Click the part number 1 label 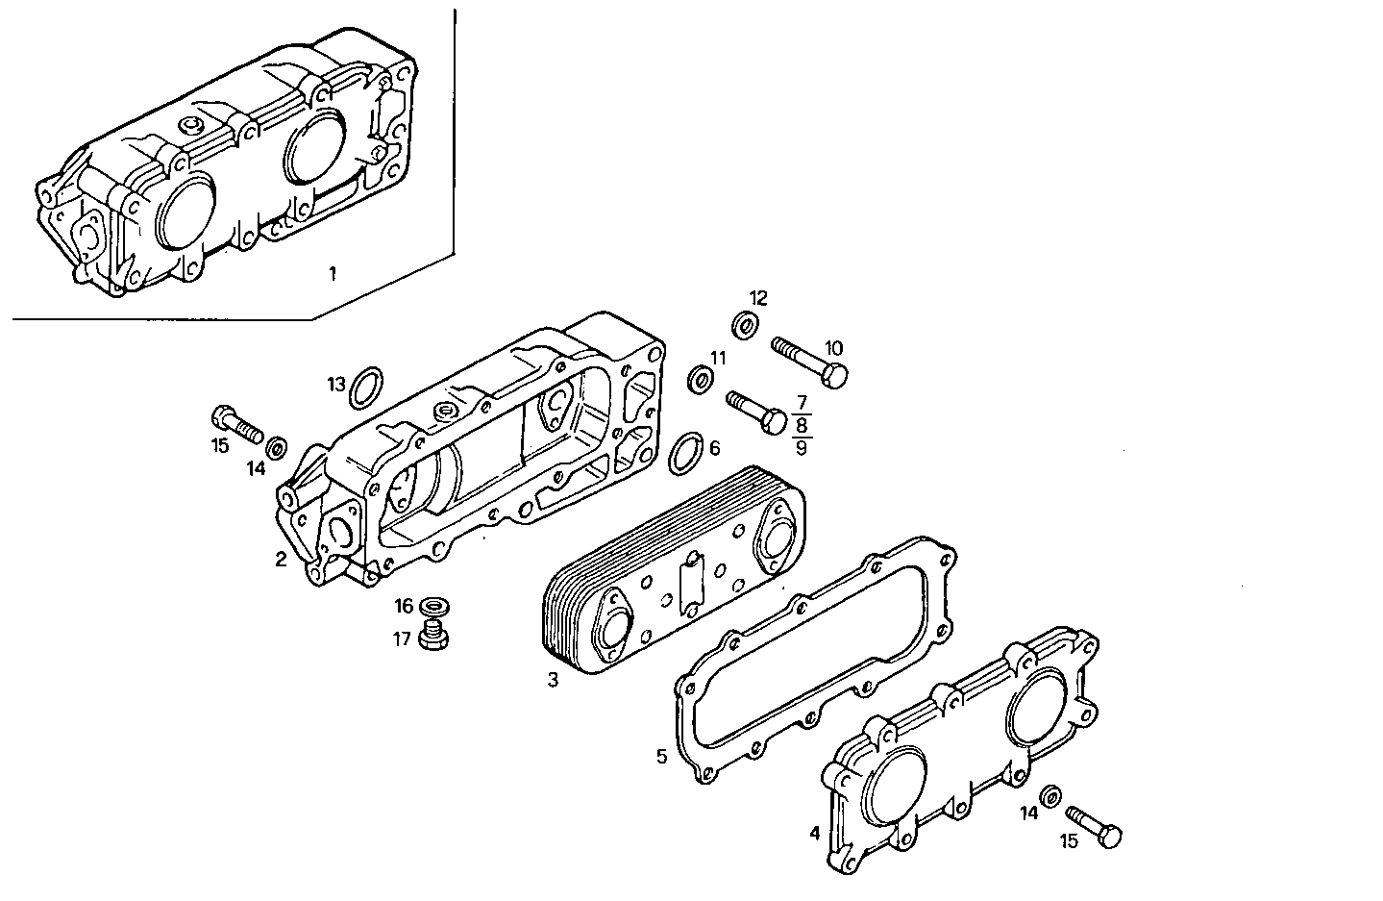(x=333, y=274)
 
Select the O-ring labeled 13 (x=366, y=388)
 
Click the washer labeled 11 (x=700, y=380)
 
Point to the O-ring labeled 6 (x=683, y=454)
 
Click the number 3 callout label (x=553, y=681)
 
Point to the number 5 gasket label (x=661, y=756)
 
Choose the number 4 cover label (x=815, y=834)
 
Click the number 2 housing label (x=281, y=559)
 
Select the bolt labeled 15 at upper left (x=235, y=424)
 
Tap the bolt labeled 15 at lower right (x=1096, y=825)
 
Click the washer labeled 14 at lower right (x=1052, y=794)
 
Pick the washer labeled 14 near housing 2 (x=277, y=446)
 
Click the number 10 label (x=833, y=347)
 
